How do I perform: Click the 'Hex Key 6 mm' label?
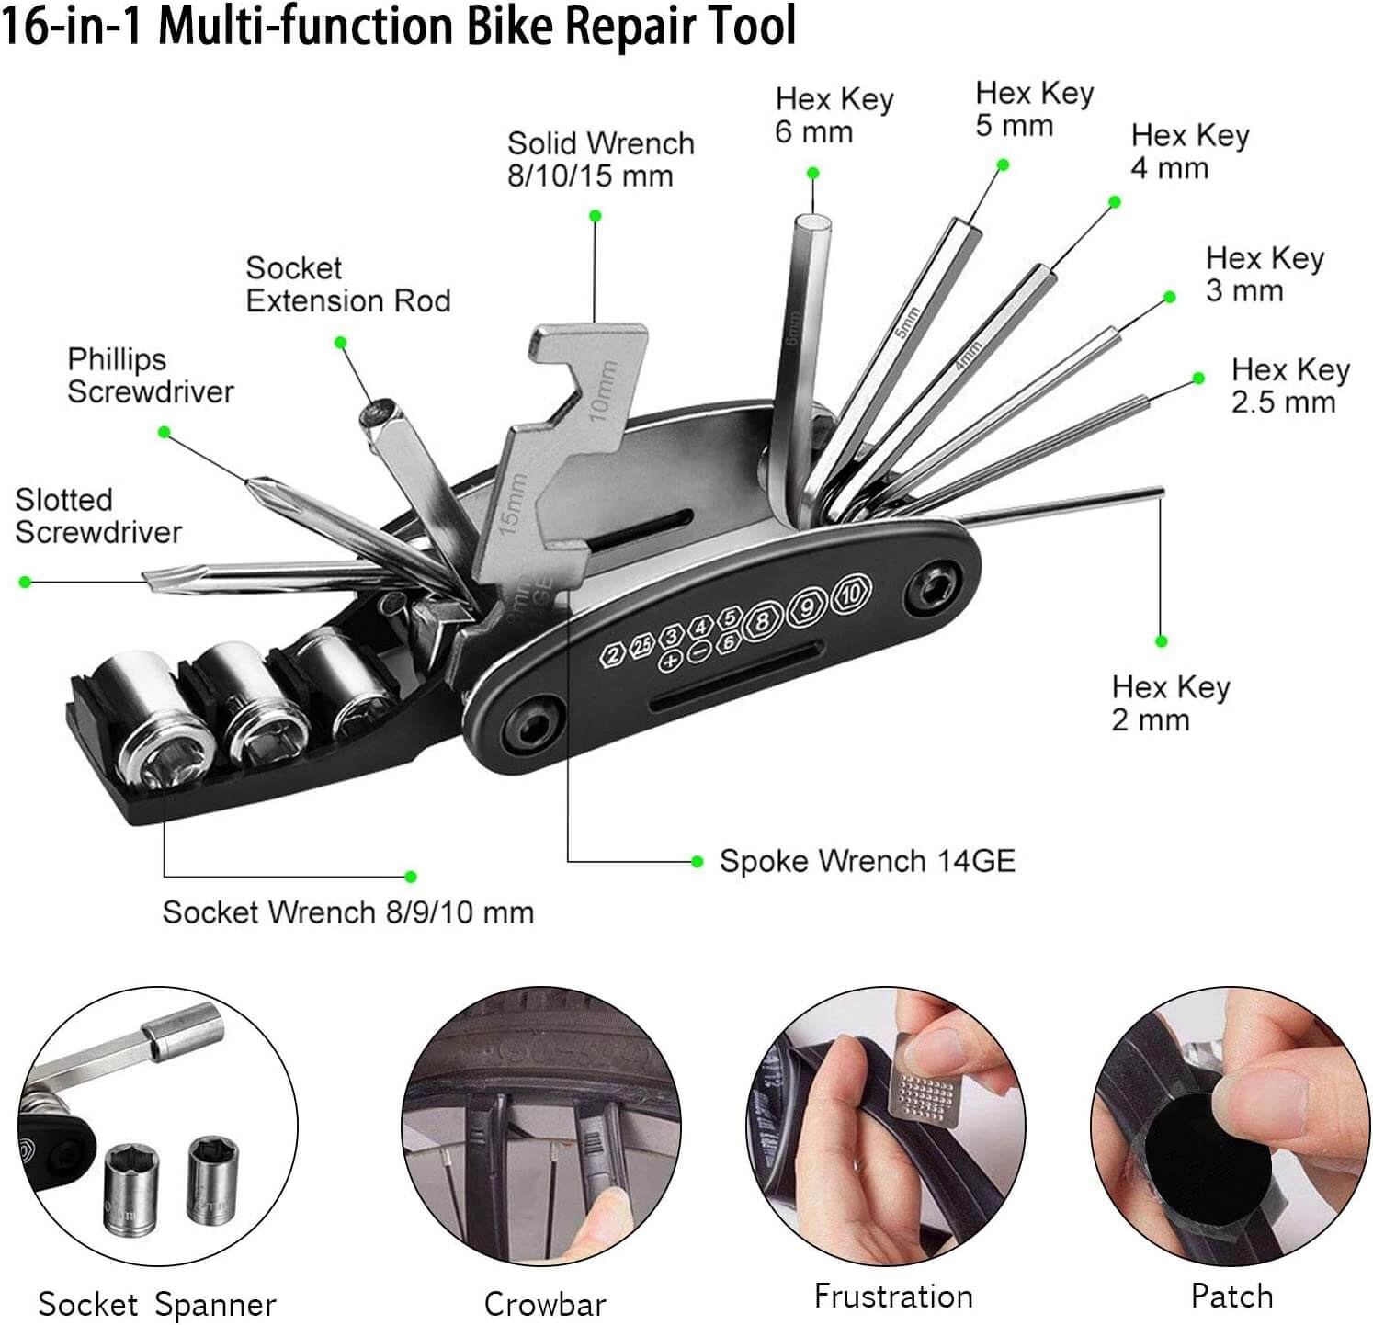834,115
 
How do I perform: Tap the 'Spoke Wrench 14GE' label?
867,861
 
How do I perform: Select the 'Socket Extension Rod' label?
347,284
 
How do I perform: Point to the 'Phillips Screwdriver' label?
150,375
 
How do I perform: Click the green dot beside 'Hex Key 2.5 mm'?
1198,378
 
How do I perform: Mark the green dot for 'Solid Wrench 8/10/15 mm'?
596,216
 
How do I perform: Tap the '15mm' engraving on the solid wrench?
511,504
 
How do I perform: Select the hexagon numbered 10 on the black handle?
851,594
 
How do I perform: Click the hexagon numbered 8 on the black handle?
762,622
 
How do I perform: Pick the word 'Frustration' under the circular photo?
892,1296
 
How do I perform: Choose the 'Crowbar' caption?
545,1304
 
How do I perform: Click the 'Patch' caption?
1231,1296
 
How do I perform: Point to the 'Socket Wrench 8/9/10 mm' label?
347,912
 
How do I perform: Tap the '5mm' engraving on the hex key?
906,322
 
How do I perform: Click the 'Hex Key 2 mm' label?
1170,703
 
